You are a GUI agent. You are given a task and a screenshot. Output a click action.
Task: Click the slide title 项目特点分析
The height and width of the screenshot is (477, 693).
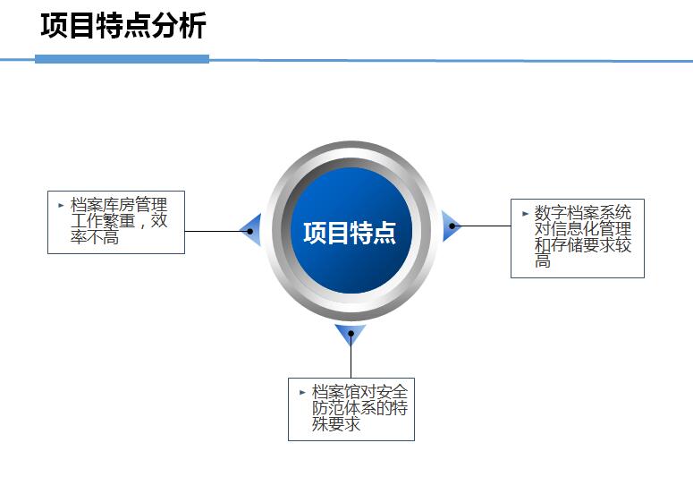pyautogui.click(x=123, y=25)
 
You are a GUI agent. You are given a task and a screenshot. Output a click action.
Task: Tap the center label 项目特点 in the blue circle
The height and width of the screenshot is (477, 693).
pyautogui.click(x=349, y=233)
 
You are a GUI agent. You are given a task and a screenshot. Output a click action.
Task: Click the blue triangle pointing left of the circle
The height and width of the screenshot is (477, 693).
pyautogui.click(x=252, y=230)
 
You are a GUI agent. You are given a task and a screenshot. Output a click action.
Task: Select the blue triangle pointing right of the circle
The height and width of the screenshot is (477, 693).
pyautogui.click(x=450, y=226)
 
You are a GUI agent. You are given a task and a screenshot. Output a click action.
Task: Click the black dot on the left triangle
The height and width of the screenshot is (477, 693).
pyautogui.click(x=249, y=231)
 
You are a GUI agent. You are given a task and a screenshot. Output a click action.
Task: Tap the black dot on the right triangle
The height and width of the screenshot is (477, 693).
pyautogui.click(x=452, y=226)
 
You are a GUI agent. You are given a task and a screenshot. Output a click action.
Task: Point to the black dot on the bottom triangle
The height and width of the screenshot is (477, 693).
pyautogui.click(x=351, y=333)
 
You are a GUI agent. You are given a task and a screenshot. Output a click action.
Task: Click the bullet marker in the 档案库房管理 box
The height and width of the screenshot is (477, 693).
pyautogui.click(x=61, y=205)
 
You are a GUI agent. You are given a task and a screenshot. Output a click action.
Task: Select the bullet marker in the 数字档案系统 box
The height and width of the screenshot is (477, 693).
pyautogui.click(x=525, y=214)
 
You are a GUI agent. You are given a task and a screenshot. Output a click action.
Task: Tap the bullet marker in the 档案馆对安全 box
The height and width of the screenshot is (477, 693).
pyautogui.click(x=302, y=392)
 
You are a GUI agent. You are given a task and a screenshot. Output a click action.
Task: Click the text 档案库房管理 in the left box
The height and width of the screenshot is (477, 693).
pyautogui.click(x=119, y=205)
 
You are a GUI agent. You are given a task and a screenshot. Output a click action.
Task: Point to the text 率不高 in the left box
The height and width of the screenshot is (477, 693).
pyautogui.click(x=95, y=238)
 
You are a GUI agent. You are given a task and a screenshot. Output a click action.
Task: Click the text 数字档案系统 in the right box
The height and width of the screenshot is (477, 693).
pyautogui.click(x=583, y=213)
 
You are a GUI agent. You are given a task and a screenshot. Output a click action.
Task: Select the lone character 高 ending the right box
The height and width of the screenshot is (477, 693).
pyautogui.click(x=543, y=260)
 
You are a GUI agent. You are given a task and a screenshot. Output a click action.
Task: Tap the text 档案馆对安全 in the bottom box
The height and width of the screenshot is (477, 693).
pyautogui.click(x=359, y=392)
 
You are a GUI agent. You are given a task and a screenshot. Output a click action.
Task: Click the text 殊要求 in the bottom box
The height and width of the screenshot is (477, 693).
pyautogui.click(x=336, y=424)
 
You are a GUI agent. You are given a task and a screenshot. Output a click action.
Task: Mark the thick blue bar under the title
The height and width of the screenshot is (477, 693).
pyautogui.click(x=122, y=59)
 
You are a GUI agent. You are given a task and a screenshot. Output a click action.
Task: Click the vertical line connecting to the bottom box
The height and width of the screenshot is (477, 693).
pyautogui.click(x=351, y=357)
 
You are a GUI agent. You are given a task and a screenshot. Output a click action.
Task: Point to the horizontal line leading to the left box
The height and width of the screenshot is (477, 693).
pyautogui.click(x=216, y=231)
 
